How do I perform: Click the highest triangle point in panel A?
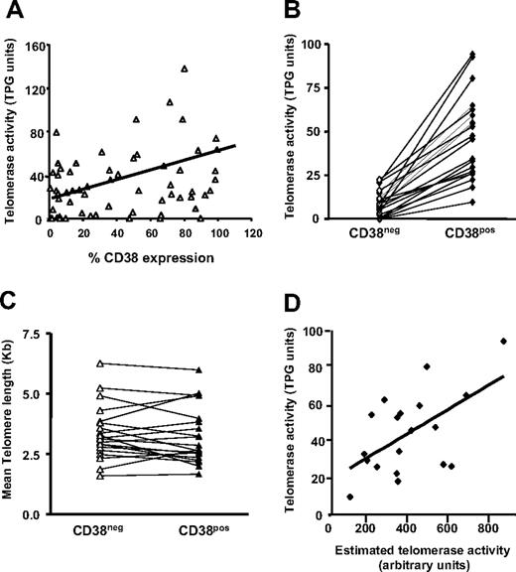pos(185,69)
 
